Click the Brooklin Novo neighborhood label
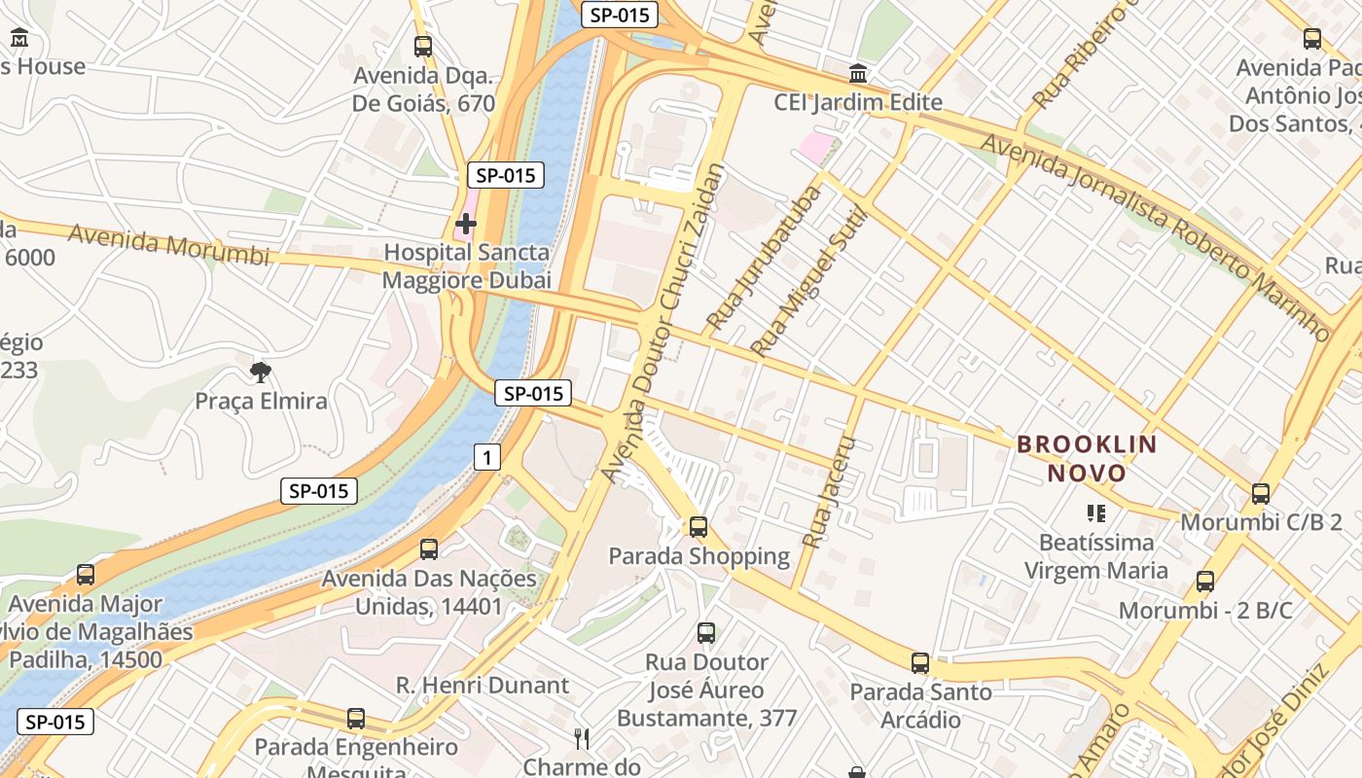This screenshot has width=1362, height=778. coord(1087,459)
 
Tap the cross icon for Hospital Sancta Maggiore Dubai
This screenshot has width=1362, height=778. coord(466,225)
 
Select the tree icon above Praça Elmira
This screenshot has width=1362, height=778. coord(260,371)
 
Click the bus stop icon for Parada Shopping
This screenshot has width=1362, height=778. coord(699,527)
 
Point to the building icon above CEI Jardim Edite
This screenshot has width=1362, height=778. coord(858,73)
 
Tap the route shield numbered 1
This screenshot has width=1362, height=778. coord(487,456)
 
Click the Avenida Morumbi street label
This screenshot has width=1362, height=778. coord(168,244)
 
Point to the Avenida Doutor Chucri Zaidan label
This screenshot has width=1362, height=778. coord(664,321)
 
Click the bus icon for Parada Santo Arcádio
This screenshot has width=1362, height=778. coord(920,663)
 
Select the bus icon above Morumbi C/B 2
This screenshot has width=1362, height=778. coord(1261,493)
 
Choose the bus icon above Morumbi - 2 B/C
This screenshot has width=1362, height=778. coord(1205,582)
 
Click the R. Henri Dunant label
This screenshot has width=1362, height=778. coord(483,685)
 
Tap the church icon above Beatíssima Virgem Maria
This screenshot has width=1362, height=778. coord(1096,513)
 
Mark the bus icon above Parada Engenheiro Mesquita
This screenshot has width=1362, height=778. coord(356,719)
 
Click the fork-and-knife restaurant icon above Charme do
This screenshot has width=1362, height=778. coord(582,738)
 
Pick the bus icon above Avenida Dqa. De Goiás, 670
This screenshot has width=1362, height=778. coord(423,46)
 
